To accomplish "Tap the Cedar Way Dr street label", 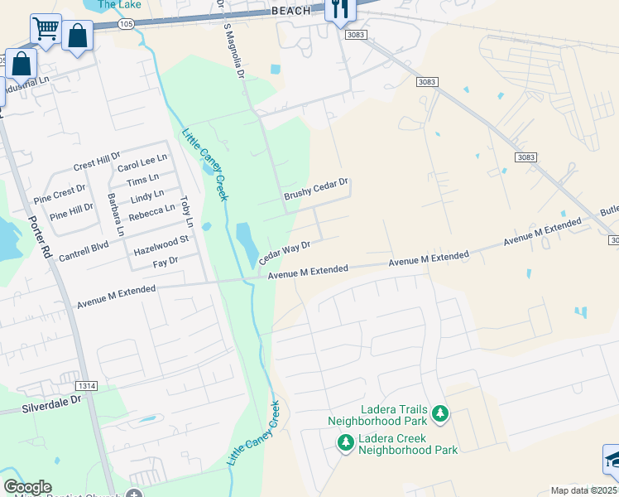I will [x=285, y=253].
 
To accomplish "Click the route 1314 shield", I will [x=85, y=386].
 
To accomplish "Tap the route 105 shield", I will [x=125, y=25].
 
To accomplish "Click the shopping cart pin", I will [x=46, y=29].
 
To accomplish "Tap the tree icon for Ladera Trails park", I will [x=441, y=413].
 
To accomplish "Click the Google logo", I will [x=27, y=487].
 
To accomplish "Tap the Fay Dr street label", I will [x=166, y=263].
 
